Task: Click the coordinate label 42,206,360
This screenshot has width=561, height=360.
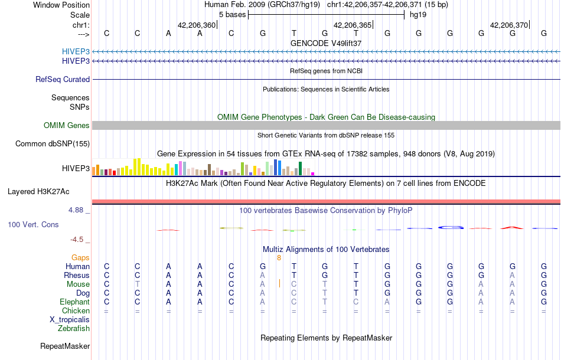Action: coord(197,25)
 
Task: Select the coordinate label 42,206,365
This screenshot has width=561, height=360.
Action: coord(353,25)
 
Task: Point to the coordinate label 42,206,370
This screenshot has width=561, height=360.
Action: coord(509,25)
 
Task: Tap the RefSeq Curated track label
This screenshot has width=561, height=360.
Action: coord(63,79)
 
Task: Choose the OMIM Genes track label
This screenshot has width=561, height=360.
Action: coord(67,125)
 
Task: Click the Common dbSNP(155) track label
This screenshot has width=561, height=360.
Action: coord(53,143)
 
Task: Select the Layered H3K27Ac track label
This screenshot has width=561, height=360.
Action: coord(38,191)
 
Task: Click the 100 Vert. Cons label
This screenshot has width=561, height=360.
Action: coord(33,225)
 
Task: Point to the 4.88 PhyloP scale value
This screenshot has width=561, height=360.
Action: coord(79,210)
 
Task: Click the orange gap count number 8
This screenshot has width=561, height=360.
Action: coord(279,257)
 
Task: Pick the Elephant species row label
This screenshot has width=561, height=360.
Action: coord(74,302)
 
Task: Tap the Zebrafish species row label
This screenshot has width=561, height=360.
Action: coord(74,328)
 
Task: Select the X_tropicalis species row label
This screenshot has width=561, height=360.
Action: coord(70,319)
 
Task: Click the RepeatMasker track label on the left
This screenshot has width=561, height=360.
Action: coord(65,346)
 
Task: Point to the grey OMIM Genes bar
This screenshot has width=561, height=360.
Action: coord(326,125)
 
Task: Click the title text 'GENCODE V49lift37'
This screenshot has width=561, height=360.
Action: coord(326,43)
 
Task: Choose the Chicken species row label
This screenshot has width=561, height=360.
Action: coord(76,310)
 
